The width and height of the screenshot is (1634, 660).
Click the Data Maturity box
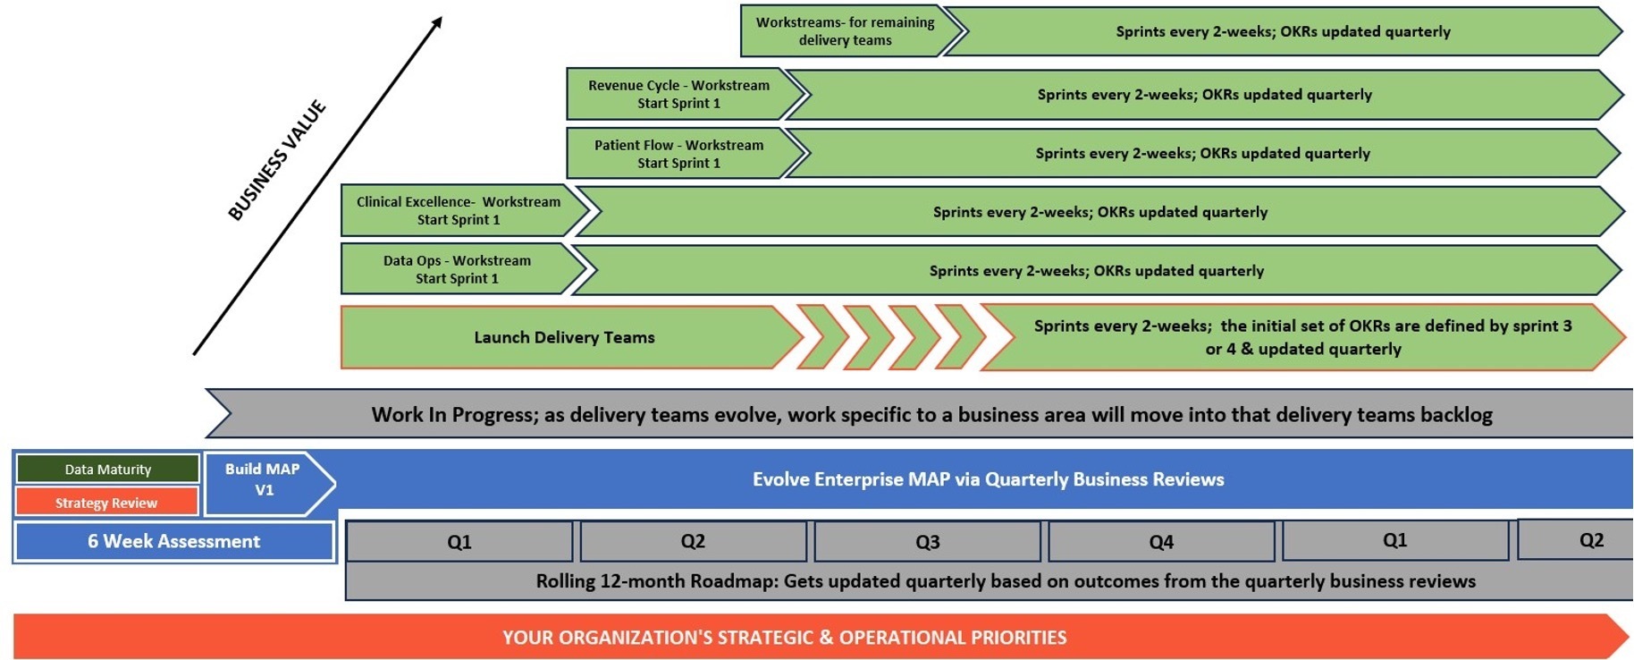[x=107, y=470]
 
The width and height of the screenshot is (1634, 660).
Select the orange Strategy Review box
[x=106, y=503]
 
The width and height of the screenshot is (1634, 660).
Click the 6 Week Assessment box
[x=173, y=542]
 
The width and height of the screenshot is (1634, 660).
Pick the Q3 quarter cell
[x=927, y=542]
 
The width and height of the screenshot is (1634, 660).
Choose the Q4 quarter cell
[x=1161, y=542]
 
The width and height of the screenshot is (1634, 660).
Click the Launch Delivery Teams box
[x=564, y=338]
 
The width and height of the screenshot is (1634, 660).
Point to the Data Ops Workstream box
[x=457, y=270]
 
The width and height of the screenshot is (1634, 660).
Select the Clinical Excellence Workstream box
[x=459, y=211]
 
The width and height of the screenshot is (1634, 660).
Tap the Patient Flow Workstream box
[x=678, y=154]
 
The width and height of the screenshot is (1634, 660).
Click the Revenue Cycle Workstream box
[x=678, y=94]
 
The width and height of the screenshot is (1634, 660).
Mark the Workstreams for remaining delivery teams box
[x=845, y=31]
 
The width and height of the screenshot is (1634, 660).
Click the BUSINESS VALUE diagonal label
[x=276, y=162]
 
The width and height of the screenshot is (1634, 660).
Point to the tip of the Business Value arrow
[x=440, y=19]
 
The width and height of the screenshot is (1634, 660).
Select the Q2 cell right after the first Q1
[x=693, y=542]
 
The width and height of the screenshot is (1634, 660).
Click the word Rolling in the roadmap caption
[x=565, y=581]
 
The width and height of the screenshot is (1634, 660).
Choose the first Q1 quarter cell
[x=459, y=542]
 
